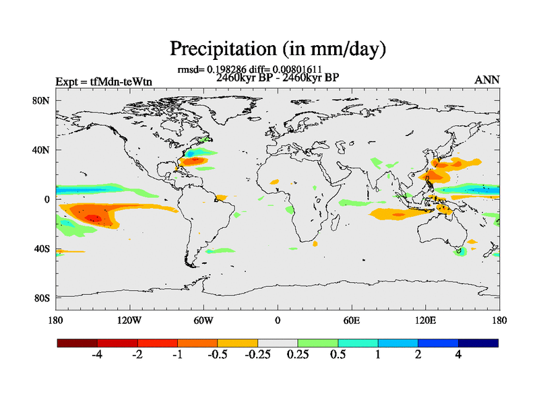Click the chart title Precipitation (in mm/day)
[277, 48]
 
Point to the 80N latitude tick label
[42, 100]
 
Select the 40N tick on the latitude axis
[42, 150]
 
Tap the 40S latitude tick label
[42, 249]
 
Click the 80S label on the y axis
[42, 298]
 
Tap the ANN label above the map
[487, 80]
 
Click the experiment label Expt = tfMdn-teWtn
[104, 81]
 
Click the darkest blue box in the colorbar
[478, 343]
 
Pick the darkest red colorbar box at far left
[77, 343]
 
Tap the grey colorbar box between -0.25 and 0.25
[278, 343]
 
